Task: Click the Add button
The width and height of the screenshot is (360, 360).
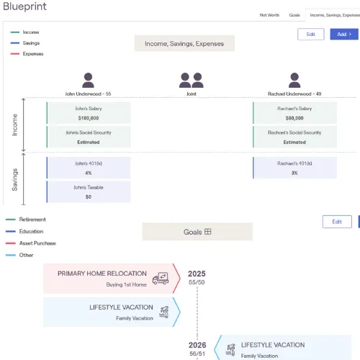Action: pos(344,34)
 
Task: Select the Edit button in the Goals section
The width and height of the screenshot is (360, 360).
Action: pos(337,222)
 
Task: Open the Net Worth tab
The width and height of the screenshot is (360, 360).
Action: pos(269,15)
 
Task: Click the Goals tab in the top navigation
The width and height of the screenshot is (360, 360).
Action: pos(294,15)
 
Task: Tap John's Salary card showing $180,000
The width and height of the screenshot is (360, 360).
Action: pos(89,113)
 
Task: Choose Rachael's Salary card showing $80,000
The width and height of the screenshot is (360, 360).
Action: pos(294,113)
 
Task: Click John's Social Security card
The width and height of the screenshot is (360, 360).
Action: pos(89,137)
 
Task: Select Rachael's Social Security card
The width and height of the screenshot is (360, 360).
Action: pos(294,137)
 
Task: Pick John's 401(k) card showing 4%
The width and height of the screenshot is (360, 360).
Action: pos(89,168)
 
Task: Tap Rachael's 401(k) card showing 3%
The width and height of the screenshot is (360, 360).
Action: pos(294,168)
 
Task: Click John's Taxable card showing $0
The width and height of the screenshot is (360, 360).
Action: pos(89,192)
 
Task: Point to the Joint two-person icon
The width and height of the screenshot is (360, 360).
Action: pos(192,81)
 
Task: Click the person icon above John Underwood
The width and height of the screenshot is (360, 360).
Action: pos(88,80)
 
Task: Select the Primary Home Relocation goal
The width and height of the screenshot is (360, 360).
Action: pos(112,279)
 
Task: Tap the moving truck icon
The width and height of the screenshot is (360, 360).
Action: pos(161,279)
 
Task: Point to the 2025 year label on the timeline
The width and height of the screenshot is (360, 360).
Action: pos(197,274)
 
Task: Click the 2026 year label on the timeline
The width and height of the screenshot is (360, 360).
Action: pos(197,345)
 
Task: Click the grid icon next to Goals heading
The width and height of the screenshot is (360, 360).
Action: pos(208,232)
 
